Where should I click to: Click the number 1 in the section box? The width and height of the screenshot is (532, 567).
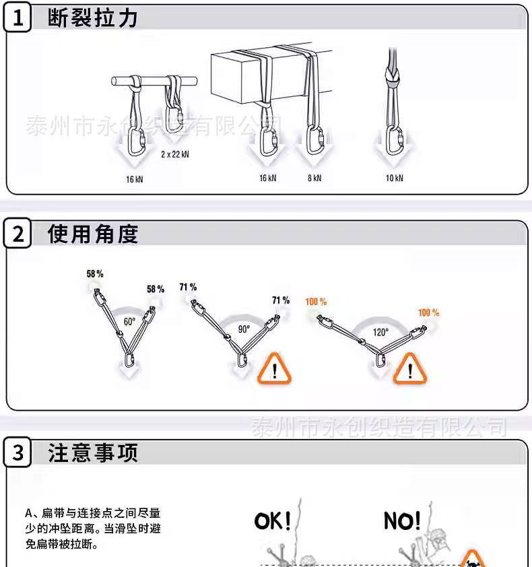click(18, 18)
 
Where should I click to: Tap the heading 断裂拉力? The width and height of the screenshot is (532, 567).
click(93, 18)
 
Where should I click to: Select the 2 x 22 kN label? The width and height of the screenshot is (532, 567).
click(174, 154)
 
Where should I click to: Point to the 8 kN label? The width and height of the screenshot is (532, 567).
click(314, 178)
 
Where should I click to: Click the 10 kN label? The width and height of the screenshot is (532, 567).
click(395, 178)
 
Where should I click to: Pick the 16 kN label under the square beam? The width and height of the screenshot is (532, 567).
click(267, 178)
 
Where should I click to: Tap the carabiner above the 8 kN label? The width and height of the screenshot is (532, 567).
click(314, 141)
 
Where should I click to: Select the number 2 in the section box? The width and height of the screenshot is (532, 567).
click(18, 234)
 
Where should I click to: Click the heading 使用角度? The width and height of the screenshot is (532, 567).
click(93, 234)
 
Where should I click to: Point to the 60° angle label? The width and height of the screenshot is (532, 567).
click(129, 322)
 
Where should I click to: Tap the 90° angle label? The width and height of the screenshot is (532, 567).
click(243, 329)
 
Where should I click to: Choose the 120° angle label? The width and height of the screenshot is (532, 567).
click(381, 332)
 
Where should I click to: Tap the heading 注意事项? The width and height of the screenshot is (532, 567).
click(93, 453)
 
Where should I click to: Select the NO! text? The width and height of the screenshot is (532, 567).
click(402, 521)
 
